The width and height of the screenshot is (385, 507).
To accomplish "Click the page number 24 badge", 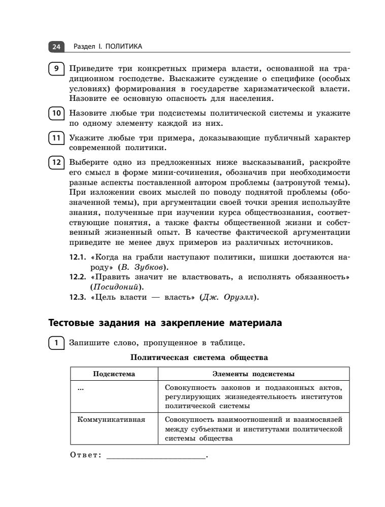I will (55, 47).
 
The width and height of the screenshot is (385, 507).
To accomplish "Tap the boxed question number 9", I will (56, 68).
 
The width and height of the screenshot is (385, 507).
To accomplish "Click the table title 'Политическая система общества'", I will (199, 358).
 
